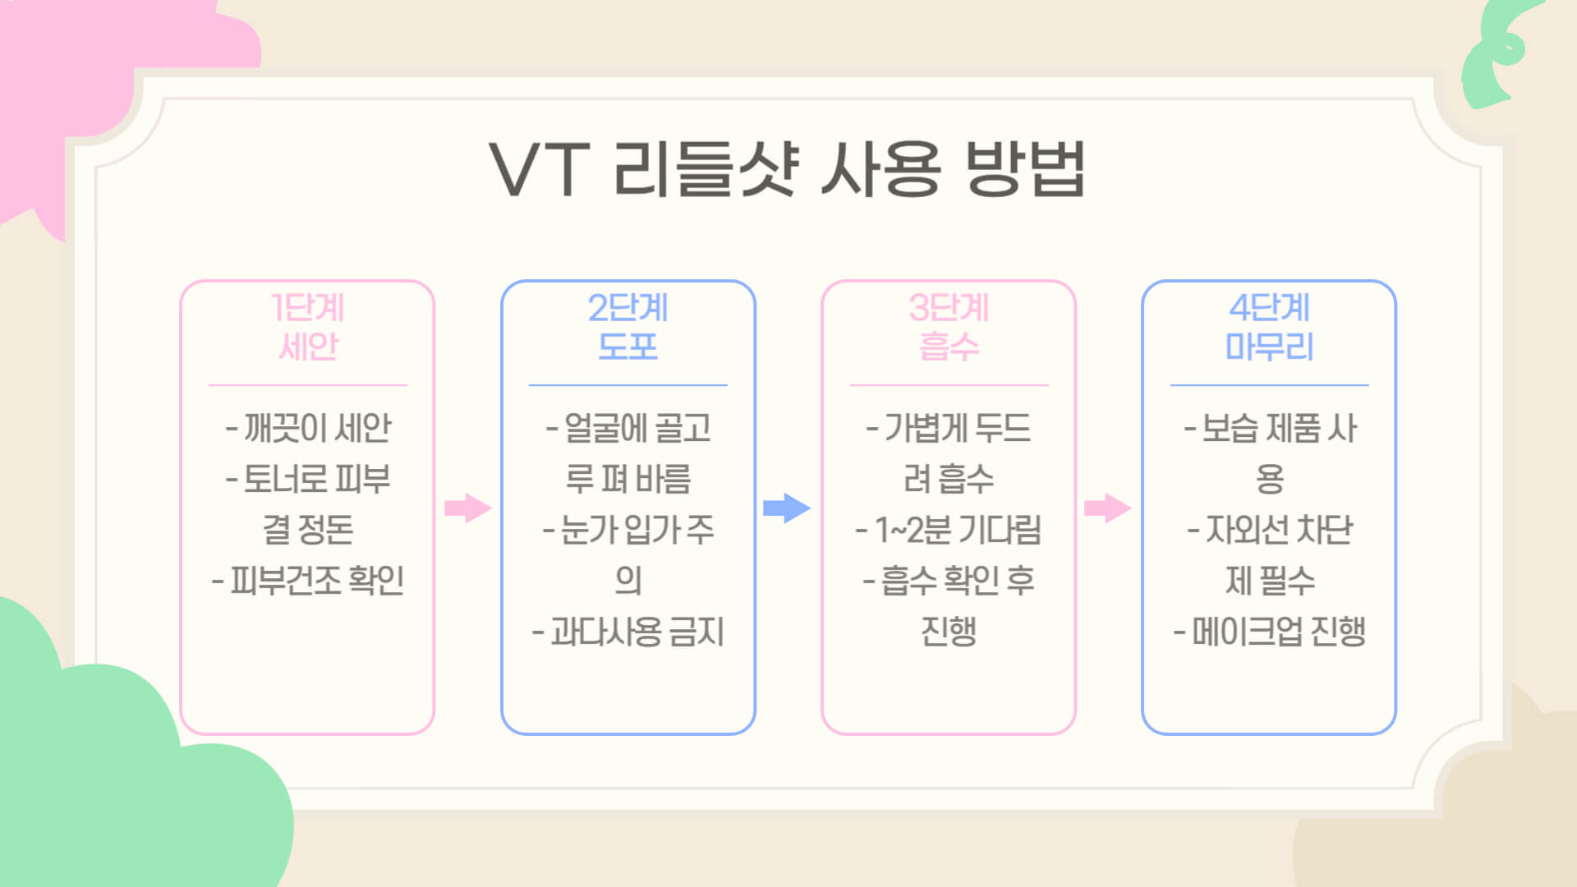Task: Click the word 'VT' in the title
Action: point(539,168)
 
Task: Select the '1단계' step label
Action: point(307,308)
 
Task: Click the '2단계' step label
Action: point(628,308)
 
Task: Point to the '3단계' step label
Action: point(949,308)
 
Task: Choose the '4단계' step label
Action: point(1269,308)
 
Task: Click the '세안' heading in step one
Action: point(307,347)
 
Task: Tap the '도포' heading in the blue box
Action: point(628,347)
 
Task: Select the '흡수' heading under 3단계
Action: point(949,347)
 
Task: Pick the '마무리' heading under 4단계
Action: point(1269,347)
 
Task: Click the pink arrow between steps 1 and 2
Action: point(467,508)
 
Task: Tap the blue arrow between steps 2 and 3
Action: point(786,508)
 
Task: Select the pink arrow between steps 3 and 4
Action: point(1107,508)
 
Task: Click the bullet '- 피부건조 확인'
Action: point(308,581)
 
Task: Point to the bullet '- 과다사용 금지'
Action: point(628,632)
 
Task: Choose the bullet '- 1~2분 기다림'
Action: point(949,530)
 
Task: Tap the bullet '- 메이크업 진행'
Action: point(1269,632)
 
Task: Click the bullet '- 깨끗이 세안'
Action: point(308,428)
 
